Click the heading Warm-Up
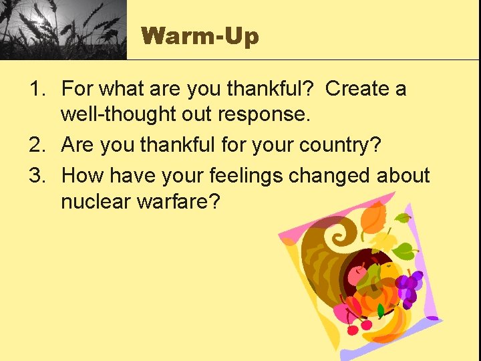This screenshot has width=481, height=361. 200,35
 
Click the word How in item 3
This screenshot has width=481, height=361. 82,175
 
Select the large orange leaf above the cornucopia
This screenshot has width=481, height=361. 372,218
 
